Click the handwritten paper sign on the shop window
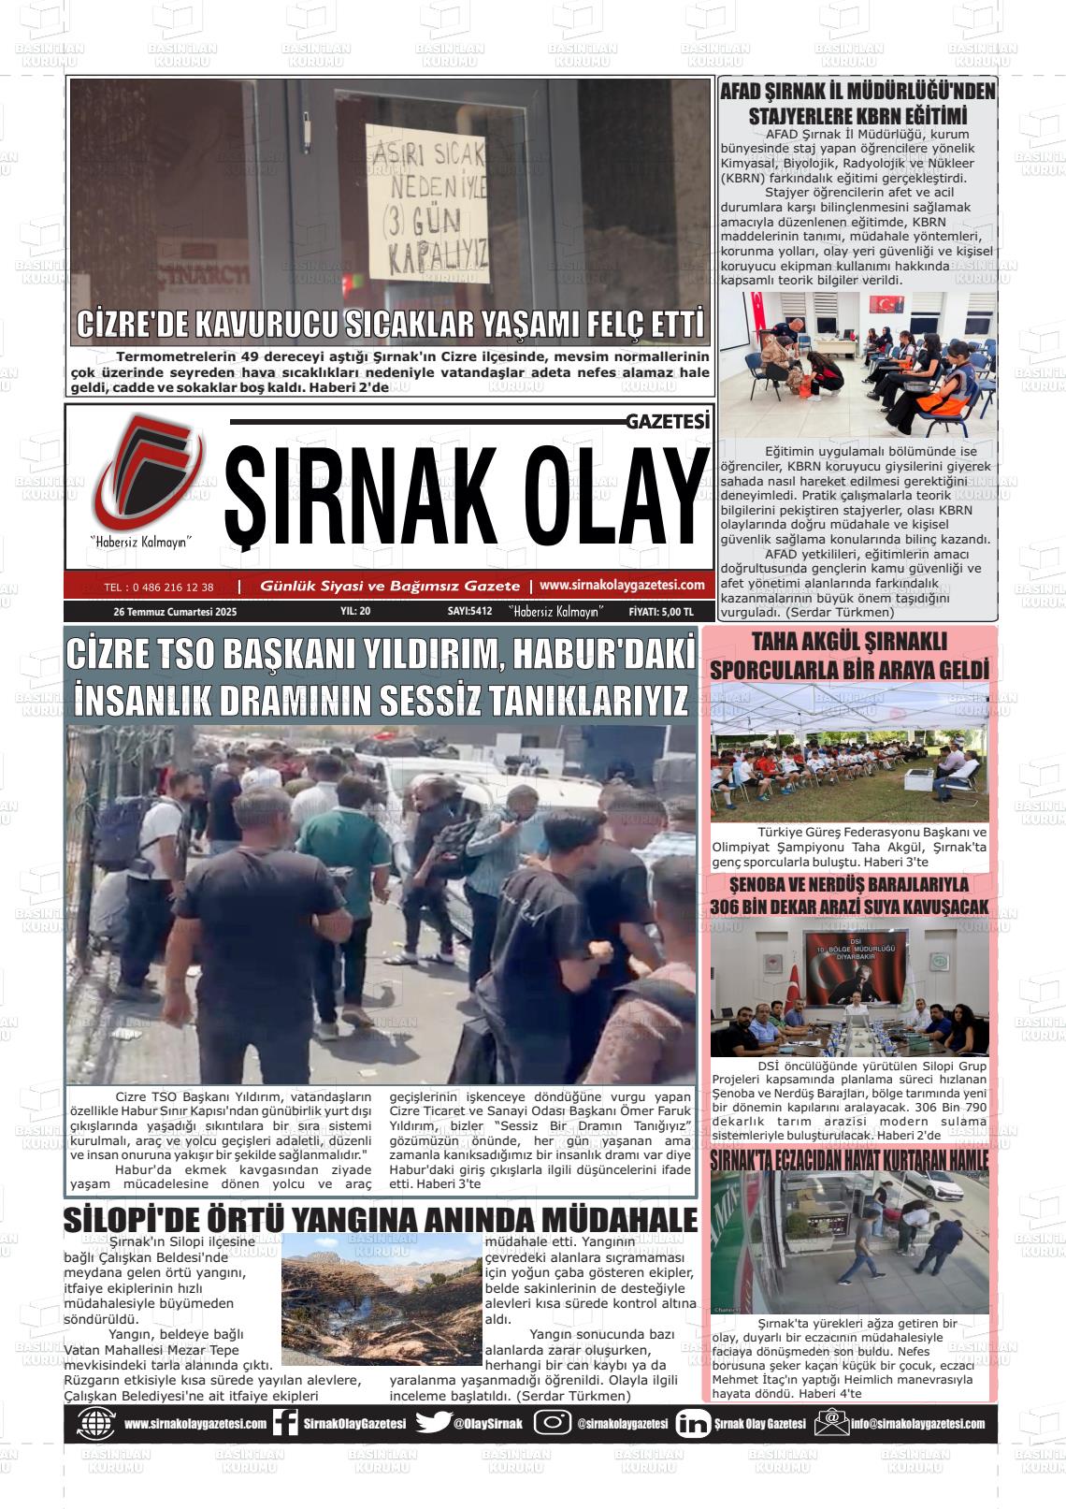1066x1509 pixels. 427,205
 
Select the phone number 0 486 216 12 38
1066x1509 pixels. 159,588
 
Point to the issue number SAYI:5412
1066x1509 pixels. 469,612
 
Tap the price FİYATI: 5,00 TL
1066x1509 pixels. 661,612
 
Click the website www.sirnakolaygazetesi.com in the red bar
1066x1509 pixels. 622,585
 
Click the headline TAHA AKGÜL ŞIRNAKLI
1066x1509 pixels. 849,642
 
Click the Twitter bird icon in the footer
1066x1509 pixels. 433,1423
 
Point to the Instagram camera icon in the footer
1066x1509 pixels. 553,1423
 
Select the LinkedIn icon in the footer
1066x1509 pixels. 692,1423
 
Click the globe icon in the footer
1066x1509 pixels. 96,1423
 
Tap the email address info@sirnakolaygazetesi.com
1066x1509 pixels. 917,1424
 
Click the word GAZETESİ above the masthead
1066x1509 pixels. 668,423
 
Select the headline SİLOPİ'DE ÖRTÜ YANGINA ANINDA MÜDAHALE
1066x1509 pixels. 381,1221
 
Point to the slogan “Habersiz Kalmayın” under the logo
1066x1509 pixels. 141,542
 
